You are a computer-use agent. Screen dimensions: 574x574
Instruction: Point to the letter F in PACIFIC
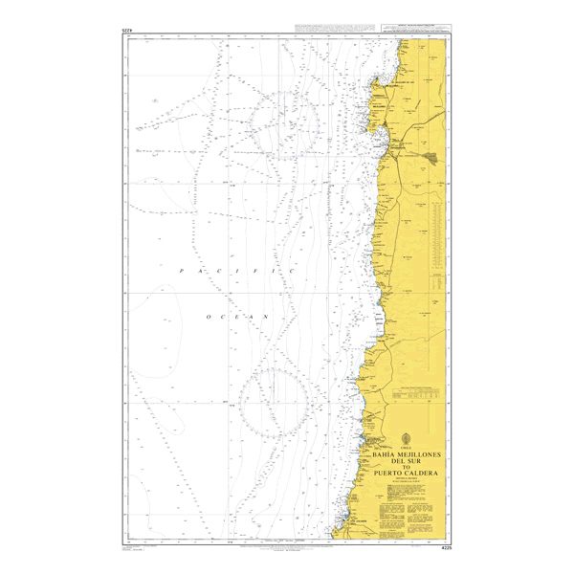[259, 273]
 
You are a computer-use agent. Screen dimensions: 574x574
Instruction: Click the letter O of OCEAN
[205, 315]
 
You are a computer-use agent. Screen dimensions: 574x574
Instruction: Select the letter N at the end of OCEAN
[269, 315]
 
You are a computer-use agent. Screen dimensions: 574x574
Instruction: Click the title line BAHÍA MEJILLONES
[412, 450]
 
